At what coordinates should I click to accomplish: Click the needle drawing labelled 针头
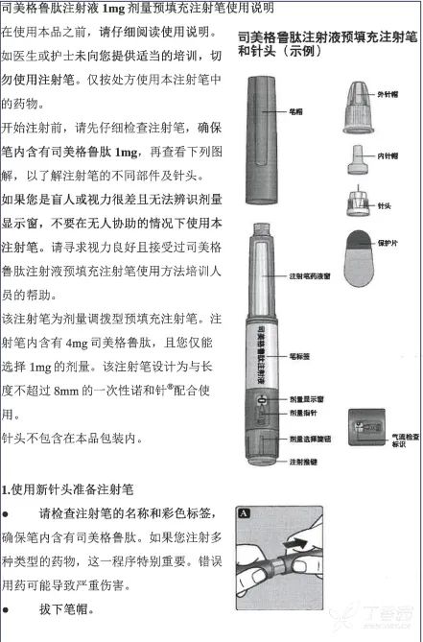pos(356,200)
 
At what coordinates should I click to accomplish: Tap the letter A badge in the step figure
pos(245,513)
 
